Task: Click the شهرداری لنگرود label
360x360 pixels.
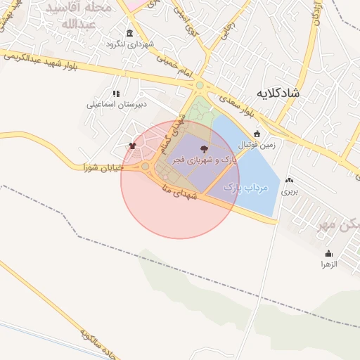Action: coord(129,44)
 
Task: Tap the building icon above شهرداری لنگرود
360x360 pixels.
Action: coord(129,33)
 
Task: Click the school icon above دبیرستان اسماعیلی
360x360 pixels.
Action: coord(116,94)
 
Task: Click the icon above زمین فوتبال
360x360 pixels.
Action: coord(257,134)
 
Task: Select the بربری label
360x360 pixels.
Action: coord(290,191)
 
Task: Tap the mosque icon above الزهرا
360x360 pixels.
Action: coord(328,254)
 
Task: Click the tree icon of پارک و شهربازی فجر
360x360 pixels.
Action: coord(204,149)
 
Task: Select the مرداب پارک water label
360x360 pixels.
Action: coord(246,188)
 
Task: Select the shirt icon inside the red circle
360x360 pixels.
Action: coord(132,146)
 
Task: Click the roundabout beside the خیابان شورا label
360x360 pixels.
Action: coord(146,167)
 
